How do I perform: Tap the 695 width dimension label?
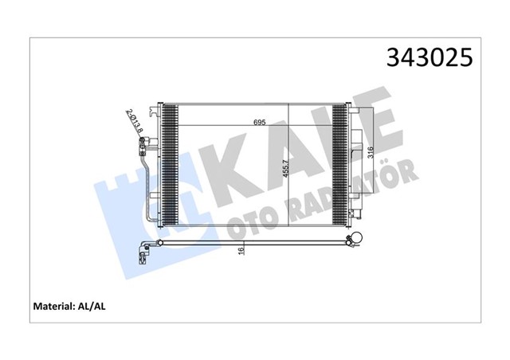(x=260, y=123)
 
